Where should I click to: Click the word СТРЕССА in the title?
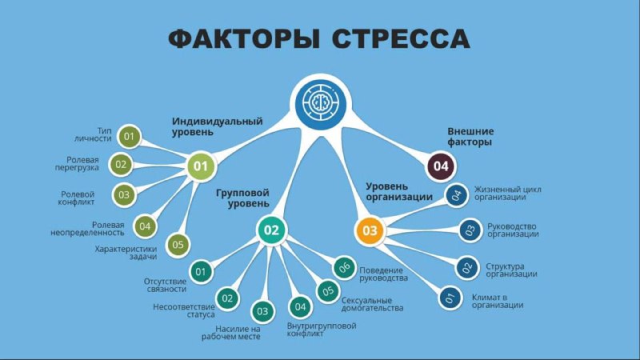tap(401, 39)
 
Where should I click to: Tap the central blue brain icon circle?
tap(321, 102)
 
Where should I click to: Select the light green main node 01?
tap(201, 166)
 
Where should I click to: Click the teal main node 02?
tap(271, 230)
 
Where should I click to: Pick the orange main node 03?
tap(370, 230)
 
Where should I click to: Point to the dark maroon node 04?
tap(441, 166)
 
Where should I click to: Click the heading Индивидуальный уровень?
tap(217, 126)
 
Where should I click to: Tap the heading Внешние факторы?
tap(470, 137)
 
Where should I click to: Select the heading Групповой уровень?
tap(243, 198)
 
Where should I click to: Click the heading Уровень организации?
tap(399, 191)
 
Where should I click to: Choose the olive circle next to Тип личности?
tap(129, 136)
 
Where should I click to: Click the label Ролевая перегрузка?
tap(77, 164)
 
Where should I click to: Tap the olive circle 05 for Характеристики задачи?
tap(178, 245)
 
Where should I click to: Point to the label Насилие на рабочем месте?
tap(231, 333)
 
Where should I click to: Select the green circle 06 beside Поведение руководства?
tap(345, 267)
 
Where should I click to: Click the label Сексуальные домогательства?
tap(372, 305)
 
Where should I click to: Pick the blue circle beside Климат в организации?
tap(450, 298)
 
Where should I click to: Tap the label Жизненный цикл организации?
tap(508, 193)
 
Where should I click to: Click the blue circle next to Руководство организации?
tap(470, 230)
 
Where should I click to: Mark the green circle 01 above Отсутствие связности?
tap(201, 271)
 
